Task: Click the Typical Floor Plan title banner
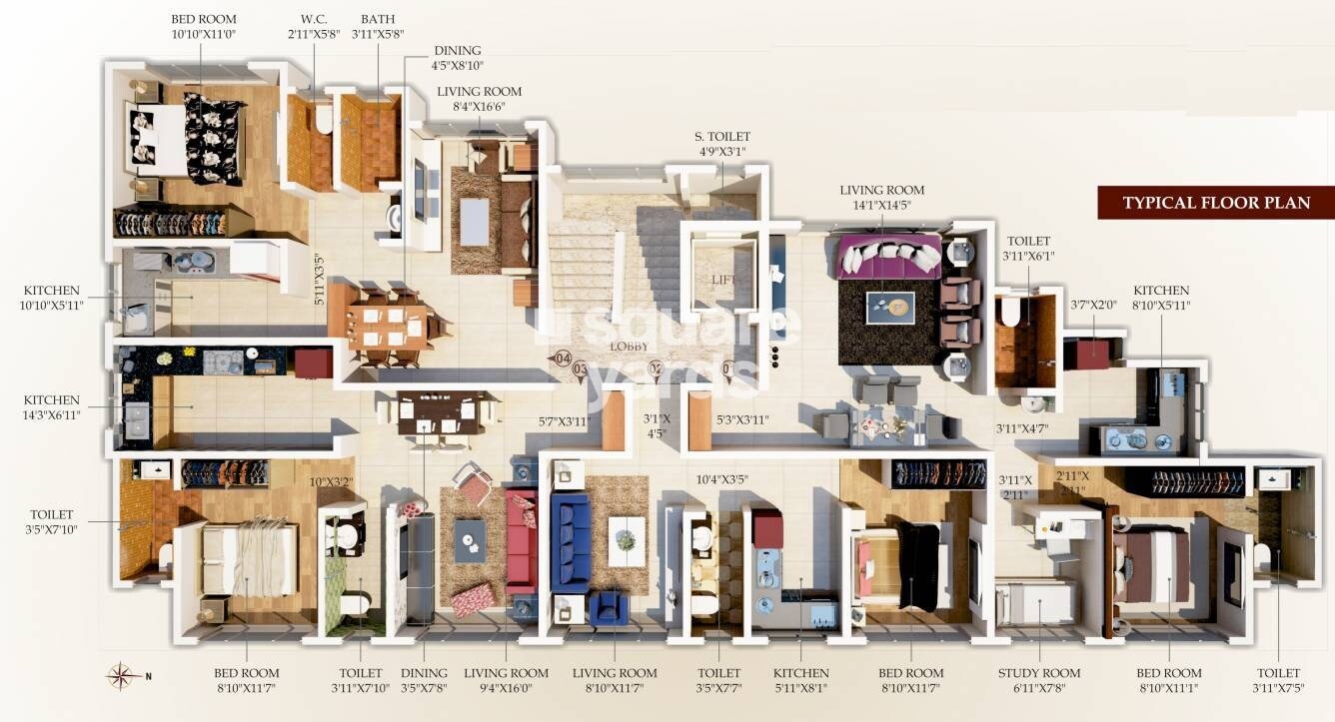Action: [1215, 203]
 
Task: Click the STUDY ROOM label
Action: [1038, 673]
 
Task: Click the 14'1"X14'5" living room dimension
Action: [881, 205]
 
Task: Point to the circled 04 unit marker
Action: [563, 358]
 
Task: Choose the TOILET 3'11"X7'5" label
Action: [1279, 680]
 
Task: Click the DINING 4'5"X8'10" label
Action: [457, 58]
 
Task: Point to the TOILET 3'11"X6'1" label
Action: [1028, 248]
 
